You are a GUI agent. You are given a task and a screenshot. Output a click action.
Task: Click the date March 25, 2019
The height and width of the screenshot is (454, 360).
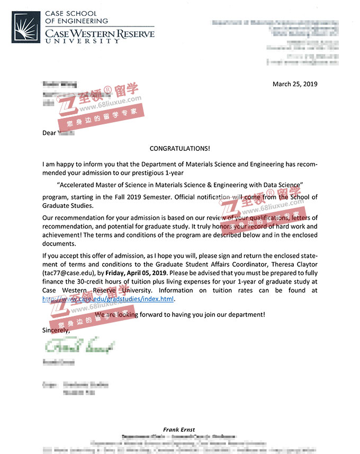pos(294,84)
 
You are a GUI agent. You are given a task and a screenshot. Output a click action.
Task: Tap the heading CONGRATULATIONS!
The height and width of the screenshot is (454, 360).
pos(179,149)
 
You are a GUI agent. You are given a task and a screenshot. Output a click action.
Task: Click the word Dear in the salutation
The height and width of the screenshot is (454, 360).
pos(49,133)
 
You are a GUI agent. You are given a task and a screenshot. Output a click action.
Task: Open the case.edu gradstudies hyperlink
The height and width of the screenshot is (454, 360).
pos(108,299)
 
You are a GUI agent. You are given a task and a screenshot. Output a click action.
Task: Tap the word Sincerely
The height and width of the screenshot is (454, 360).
pos(56,330)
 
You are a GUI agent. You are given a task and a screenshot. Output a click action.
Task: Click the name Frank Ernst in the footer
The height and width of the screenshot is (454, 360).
pos(179,429)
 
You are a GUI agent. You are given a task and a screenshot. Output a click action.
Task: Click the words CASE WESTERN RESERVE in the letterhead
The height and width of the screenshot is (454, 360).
pos(100,34)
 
